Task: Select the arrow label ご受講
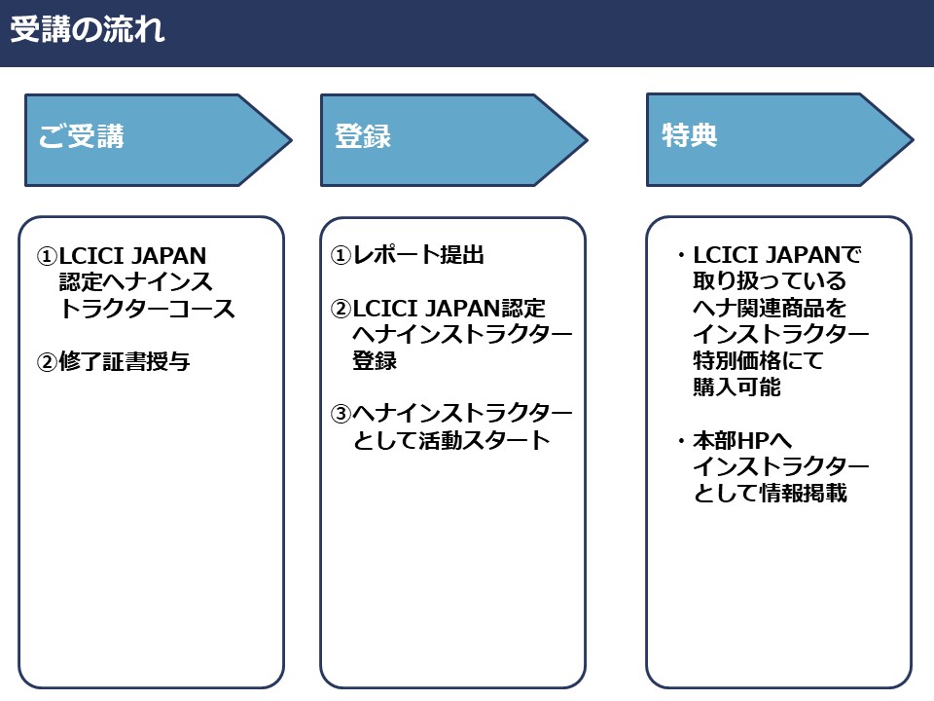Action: [82, 137]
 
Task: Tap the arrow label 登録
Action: [362, 137]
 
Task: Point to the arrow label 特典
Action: [689, 137]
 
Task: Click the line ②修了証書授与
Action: [113, 362]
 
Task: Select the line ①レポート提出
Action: [408, 256]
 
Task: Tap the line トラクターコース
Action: [147, 310]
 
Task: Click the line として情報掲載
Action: [770, 493]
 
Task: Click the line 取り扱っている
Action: [770, 282]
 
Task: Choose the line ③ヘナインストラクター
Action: [452, 414]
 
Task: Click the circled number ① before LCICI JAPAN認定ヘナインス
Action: [48, 257]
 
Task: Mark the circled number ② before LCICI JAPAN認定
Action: [341, 310]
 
